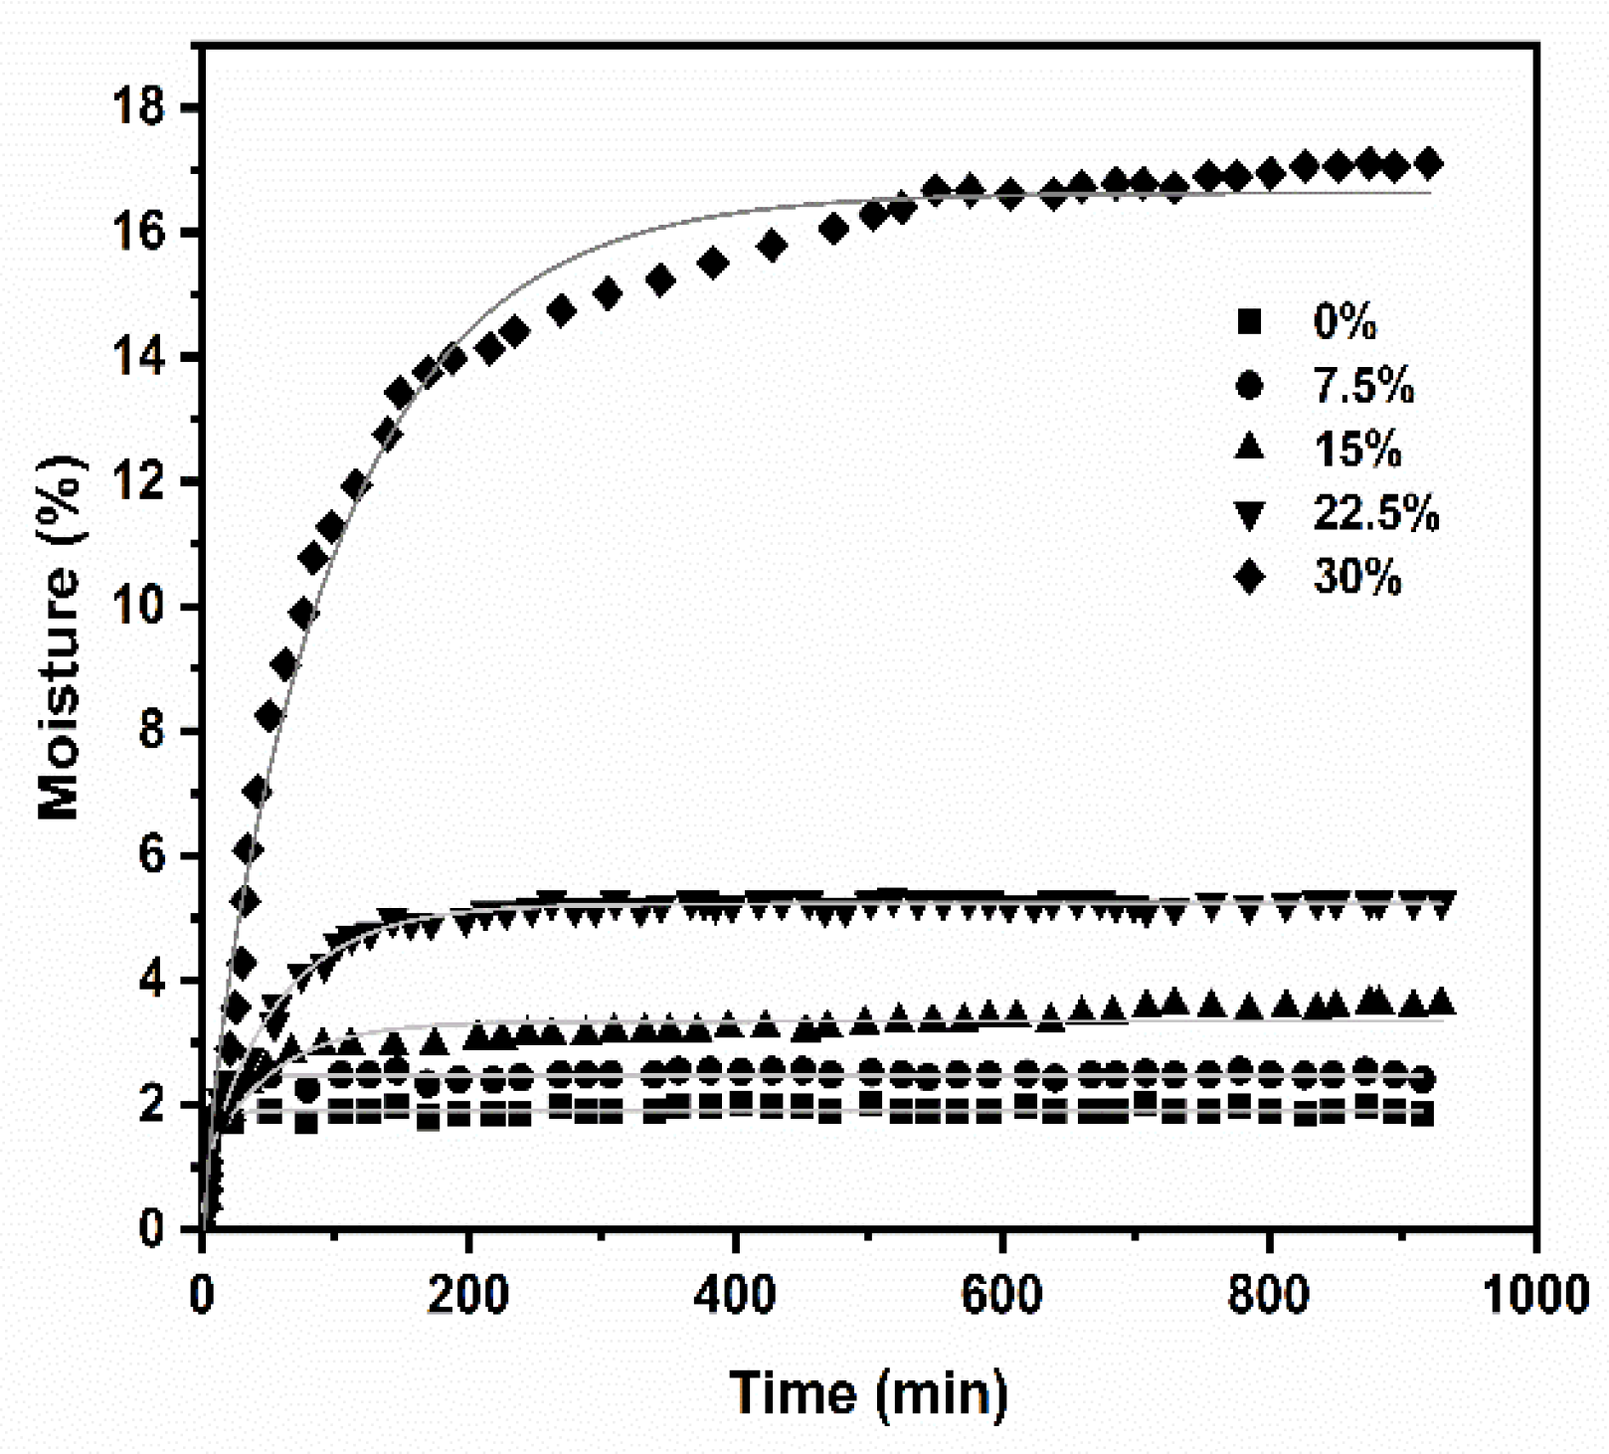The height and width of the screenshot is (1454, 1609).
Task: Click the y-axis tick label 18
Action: (x=141, y=106)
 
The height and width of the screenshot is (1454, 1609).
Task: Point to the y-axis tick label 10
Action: (x=141, y=606)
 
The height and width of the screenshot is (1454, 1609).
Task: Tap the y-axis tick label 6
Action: (x=152, y=855)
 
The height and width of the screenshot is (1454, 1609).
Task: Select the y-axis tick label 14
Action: (x=141, y=356)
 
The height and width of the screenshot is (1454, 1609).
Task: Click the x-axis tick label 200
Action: (x=468, y=1296)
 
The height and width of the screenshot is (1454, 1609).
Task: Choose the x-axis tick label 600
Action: (x=1001, y=1296)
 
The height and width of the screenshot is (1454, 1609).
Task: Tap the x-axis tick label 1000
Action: (x=1534, y=1296)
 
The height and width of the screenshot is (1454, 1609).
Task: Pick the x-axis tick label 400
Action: (x=735, y=1296)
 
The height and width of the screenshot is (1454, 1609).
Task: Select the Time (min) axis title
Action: (x=869, y=1393)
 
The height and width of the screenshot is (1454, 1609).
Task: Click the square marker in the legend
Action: (x=1249, y=321)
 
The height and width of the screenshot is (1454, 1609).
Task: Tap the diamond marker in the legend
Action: (x=1249, y=577)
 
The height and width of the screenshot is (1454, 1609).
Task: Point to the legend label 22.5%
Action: (x=1376, y=513)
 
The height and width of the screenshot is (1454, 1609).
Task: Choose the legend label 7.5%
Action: (x=1363, y=385)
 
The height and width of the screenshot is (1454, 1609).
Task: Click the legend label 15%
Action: (x=1357, y=450)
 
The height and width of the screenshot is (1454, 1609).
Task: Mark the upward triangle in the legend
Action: (x=1249, y=448)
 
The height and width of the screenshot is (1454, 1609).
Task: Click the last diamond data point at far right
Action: (x=1428, y=163)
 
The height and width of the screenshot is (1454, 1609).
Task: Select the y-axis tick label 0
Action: (x=152, y=1229)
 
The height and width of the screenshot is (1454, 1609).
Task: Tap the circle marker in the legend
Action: (x=1249, y=385)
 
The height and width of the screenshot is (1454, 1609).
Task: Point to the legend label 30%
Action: (x=1357, y=577)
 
